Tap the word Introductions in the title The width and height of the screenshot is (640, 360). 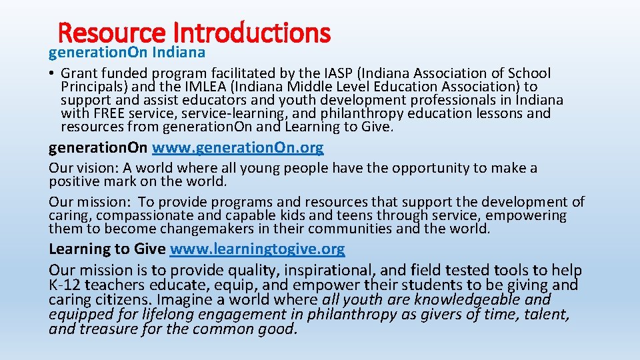coord(251,32)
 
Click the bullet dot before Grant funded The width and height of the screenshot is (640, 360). coord(52,73)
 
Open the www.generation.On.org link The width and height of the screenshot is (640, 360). coord(238,147)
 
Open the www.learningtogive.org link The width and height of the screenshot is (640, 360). coord(257,249)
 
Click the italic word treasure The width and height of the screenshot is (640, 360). coord(108,329)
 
